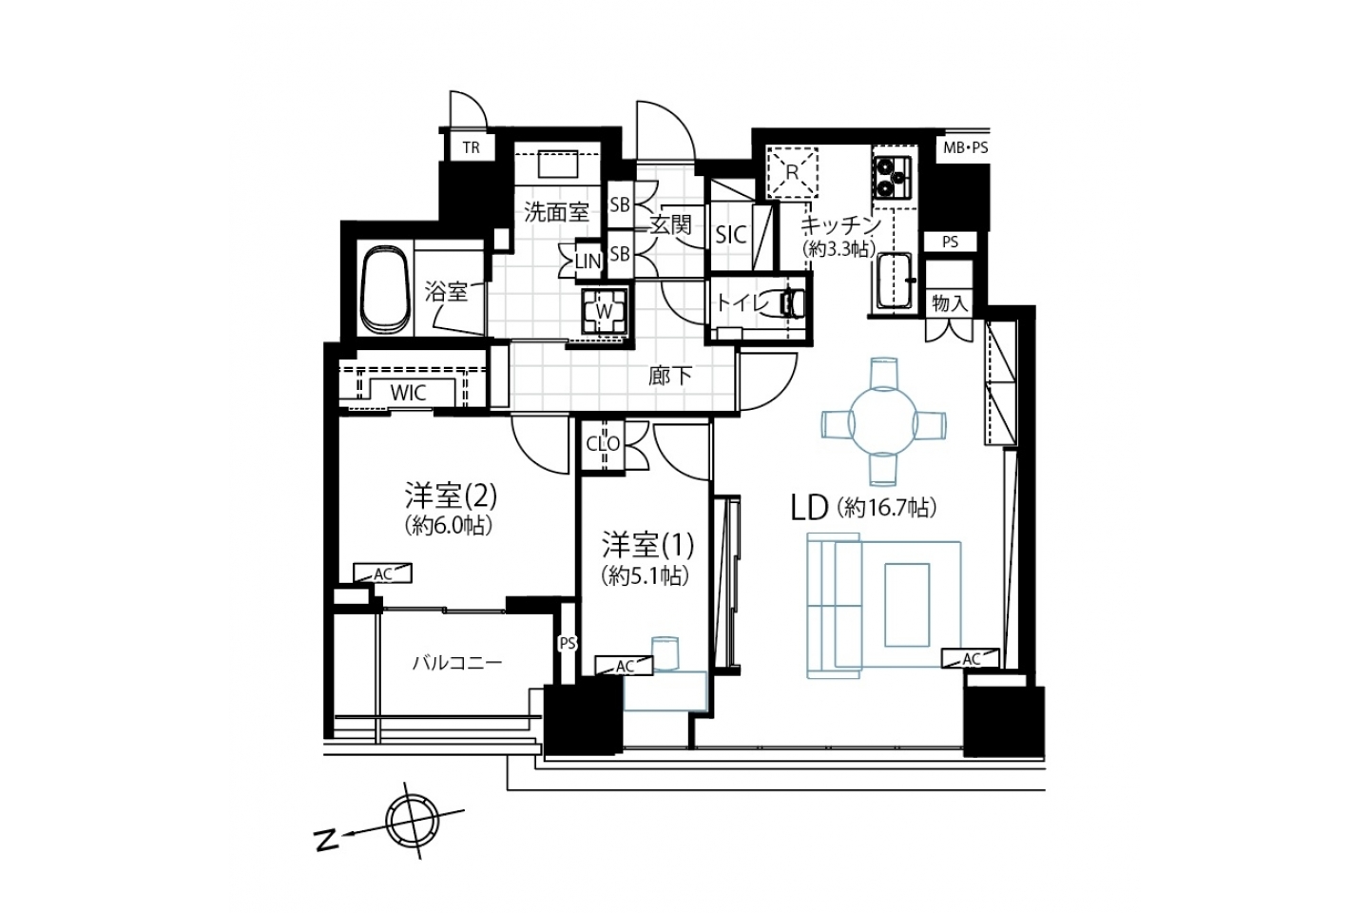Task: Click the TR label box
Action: click(x=472, y=147)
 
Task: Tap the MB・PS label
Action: click(x=966, y=147)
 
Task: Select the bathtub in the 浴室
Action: click(x=385, y=289)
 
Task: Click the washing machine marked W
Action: click(x=604, y=311)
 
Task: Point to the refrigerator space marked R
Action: click(x=792, y=172)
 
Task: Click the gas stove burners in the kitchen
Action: click(x=893, y=176)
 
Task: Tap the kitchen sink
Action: click(x=895, y=282)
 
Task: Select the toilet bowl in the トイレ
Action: click(x=793, y=302)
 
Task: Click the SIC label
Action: click(x=731, y=234)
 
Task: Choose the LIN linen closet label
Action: click(x=588, y=262)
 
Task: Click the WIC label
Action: click(x=408, y=393)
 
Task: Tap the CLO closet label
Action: click(x=603, y=443)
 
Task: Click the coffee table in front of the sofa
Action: click(x=907, y=604)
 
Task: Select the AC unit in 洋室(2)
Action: click(x=382, y=573)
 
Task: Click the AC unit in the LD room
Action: click(x=971, y=658)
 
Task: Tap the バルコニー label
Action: click(x=457, y=662)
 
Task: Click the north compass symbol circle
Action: click(x=413, y=822)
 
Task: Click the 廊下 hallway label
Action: click(x=670, y=376)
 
